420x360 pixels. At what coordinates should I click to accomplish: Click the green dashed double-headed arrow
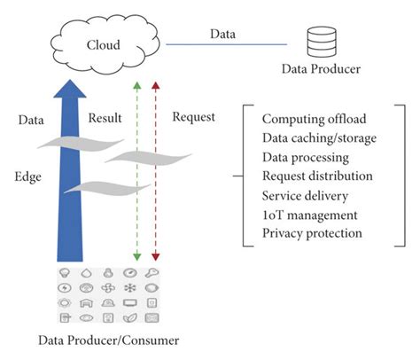[x=136, y=168]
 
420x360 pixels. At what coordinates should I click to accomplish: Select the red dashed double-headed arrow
[x=156, y=168]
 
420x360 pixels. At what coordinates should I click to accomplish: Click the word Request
[x=194, y=117]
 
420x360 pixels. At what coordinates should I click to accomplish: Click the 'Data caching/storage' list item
[x=319, y=137]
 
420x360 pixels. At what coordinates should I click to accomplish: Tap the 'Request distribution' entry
[x=317, y=176]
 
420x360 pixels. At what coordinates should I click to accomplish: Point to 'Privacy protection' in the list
[x=312, y=233]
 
